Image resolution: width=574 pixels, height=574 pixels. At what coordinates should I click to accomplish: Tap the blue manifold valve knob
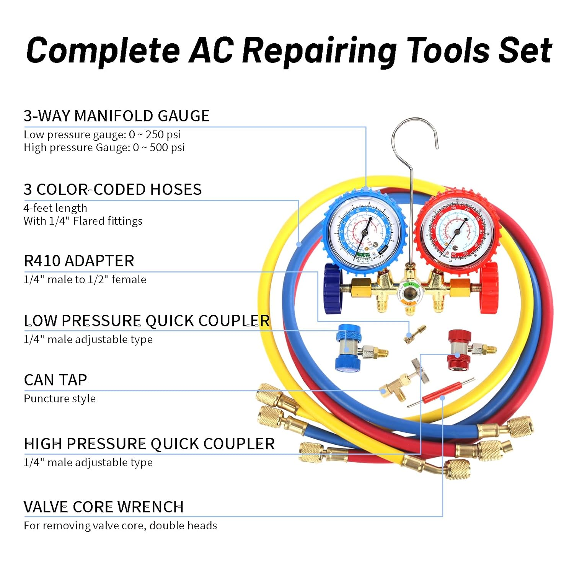point(332,289)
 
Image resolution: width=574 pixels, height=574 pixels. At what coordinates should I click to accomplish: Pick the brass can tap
point(398,385)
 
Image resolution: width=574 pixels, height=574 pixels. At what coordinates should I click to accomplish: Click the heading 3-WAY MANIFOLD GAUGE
point(117,116)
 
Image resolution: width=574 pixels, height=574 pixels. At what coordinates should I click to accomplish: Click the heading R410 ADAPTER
point(79,261)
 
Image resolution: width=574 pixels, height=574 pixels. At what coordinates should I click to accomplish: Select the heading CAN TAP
point(55,380)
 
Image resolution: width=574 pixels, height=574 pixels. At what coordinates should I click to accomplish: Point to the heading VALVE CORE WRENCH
point(103,507)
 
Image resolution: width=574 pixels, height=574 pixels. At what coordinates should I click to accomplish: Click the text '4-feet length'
point(55,208)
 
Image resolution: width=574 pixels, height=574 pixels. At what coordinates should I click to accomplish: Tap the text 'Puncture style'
point(60,399)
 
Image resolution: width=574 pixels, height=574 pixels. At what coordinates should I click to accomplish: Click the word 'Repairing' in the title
point(320,51)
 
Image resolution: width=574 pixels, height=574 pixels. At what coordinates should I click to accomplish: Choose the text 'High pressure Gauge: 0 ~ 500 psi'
point(104,148)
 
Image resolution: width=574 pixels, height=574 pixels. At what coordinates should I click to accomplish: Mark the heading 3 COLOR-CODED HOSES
point(113,189)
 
